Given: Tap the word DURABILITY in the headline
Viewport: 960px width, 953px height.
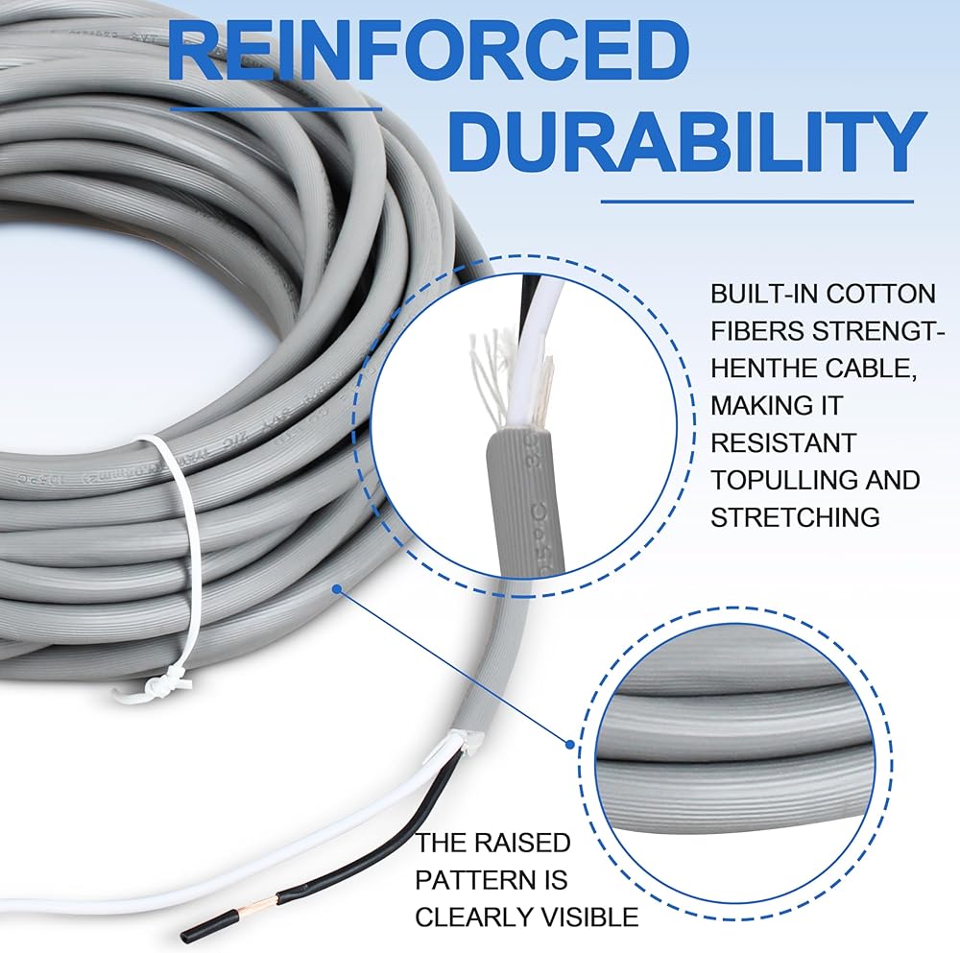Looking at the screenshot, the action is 685,141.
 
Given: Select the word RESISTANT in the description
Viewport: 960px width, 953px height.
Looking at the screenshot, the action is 782,442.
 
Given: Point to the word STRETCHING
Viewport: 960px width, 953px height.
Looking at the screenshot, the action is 795,517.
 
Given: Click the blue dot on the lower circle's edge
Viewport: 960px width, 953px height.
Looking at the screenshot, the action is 569,744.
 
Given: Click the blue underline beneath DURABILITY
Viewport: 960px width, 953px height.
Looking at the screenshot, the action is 757,202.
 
